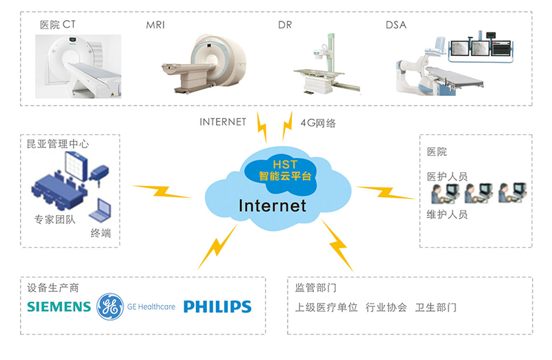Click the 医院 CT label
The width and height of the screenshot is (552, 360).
tap(57, 26)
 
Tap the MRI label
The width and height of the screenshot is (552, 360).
tap(155, 26)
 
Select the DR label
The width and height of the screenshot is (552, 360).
tap(284, 26)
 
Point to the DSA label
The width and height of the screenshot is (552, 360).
tap(396, 26)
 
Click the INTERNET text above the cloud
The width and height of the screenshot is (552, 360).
tap(222, 122)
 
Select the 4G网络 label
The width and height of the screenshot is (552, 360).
tap(318, 123)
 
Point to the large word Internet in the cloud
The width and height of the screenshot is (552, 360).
tap(272, 205)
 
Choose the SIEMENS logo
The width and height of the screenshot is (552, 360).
tap(59, 306)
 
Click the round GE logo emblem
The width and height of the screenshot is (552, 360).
tap(110, 306)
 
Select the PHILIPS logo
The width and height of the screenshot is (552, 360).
tap(217, 306)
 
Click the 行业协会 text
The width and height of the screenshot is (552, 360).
tap(386, 308)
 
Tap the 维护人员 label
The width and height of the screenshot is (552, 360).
tap(447, 214)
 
